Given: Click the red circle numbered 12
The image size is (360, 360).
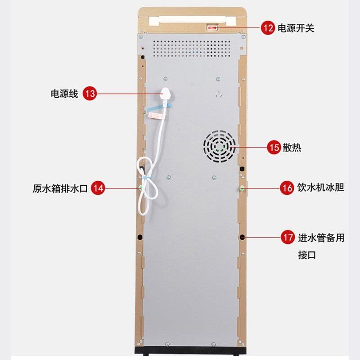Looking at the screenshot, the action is (x=268, y=28).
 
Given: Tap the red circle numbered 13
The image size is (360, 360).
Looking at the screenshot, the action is (x=90, y=93).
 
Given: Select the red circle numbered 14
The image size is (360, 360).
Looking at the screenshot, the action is (x=98, y=188).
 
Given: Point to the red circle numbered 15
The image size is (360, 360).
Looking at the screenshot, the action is (x=274, y=147).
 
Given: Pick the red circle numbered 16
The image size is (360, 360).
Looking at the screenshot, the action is (x=287, y=188).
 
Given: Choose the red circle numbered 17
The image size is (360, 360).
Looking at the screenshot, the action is (x=288, y=237).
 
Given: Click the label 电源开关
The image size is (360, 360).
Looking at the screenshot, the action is (x=296, y=28).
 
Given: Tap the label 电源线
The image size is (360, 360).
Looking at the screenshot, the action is (x=64, y=94).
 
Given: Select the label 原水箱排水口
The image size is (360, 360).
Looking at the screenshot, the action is (x=60, y=188).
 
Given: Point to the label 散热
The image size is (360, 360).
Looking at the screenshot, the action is (x=292, y=148).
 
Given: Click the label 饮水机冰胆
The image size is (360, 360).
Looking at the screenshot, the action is (x=321, y=188).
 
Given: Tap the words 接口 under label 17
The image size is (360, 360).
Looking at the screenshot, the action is (x=307, y=255).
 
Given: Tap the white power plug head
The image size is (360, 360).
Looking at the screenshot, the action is (x=166, y=94).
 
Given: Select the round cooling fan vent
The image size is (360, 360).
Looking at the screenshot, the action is (x=219, y=147).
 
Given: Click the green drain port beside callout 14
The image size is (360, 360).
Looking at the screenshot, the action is (x=140, y=188).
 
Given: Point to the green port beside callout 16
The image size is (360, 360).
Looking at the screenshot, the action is (x=242, y=189).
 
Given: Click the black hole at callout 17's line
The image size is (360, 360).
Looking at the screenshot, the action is (x=242, y=237).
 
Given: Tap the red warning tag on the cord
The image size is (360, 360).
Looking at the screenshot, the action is (x=156, y=116).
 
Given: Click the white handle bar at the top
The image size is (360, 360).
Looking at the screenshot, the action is (x=193, y=20).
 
